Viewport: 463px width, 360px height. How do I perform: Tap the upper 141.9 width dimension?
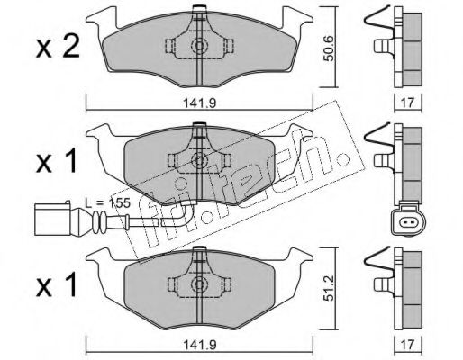[200, 103]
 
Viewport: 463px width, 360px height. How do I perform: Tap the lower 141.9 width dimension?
[200, 346]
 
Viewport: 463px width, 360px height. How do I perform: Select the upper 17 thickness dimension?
[407, 103]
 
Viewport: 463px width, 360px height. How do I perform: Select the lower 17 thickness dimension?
[407, 345]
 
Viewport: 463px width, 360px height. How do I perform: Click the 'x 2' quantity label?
[58, 48]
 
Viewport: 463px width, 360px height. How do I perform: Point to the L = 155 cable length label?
[107, 203]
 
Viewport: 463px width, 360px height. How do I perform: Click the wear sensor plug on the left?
[57, 218]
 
